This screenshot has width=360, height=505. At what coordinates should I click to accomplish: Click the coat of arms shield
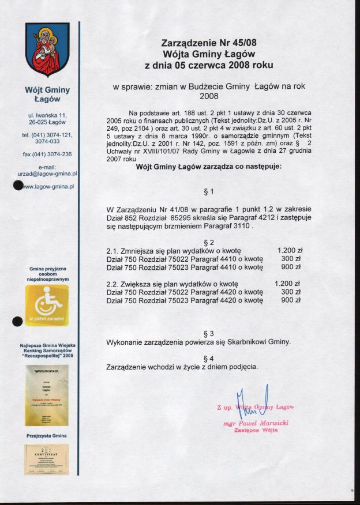pos(47,50)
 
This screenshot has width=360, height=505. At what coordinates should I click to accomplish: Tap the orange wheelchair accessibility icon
pos(47,306)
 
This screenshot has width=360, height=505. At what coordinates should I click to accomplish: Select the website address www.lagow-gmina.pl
pos(48,186)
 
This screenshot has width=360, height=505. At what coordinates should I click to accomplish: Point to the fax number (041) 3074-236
pos(47,154)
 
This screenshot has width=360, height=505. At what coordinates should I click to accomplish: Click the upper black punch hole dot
pos(18,186)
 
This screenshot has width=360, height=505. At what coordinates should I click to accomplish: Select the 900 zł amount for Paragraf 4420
pos(291,300)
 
